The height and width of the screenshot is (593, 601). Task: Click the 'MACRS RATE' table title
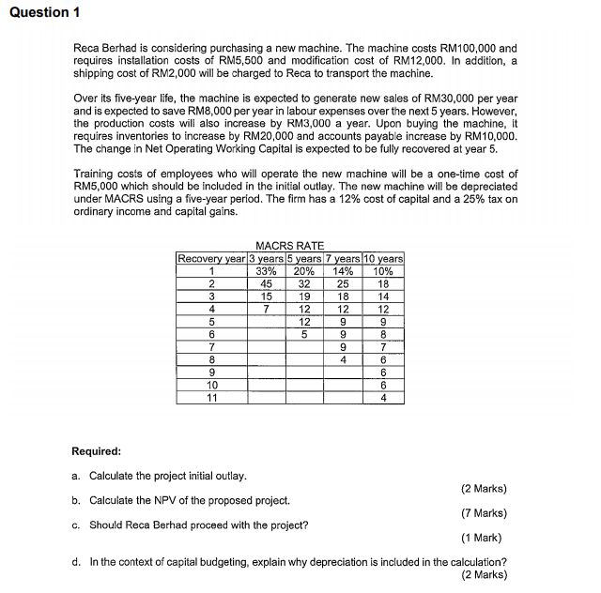289,246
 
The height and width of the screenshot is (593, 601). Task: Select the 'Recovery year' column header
211,259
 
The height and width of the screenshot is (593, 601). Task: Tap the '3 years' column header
266,259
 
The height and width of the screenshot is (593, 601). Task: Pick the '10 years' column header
383,259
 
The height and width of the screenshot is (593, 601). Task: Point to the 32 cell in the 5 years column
304,283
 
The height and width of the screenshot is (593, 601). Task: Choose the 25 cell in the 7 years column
343,283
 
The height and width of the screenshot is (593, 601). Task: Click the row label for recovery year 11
211,398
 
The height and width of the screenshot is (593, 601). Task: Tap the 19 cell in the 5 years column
304,296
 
